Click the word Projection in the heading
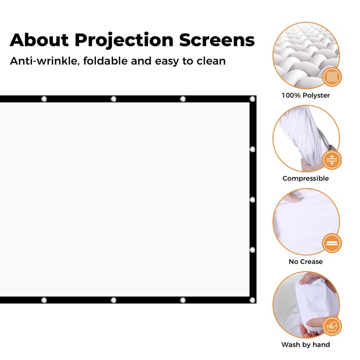coord(124,40)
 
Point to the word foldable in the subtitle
coord(104,61)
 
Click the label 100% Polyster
coord(306,95)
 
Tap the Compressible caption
coord(306,179)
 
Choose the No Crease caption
coord(306,261)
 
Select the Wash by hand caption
coord(306,345)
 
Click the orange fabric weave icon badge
coord(332,77)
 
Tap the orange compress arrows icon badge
coord(332,160)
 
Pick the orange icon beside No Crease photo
coord(332,243)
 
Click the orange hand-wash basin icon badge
coord(332,326)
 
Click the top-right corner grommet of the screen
coord(252,99)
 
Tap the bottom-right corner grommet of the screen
coord(252,300)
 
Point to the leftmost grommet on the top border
coord(44,99)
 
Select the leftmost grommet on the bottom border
coord(44,300)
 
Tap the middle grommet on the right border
coord(252,199)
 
